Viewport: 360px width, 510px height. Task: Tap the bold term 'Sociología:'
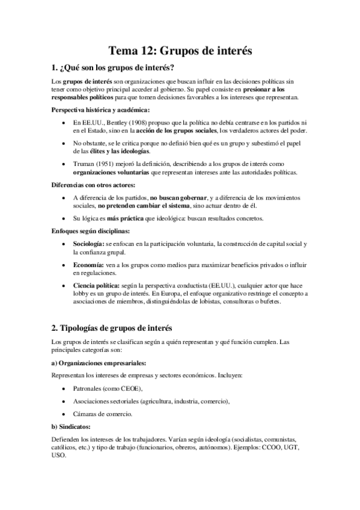[x=88, y=243]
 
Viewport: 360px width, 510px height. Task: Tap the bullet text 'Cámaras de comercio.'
[x=104, y=414]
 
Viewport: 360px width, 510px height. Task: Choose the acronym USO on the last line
[x=59, y=456]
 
